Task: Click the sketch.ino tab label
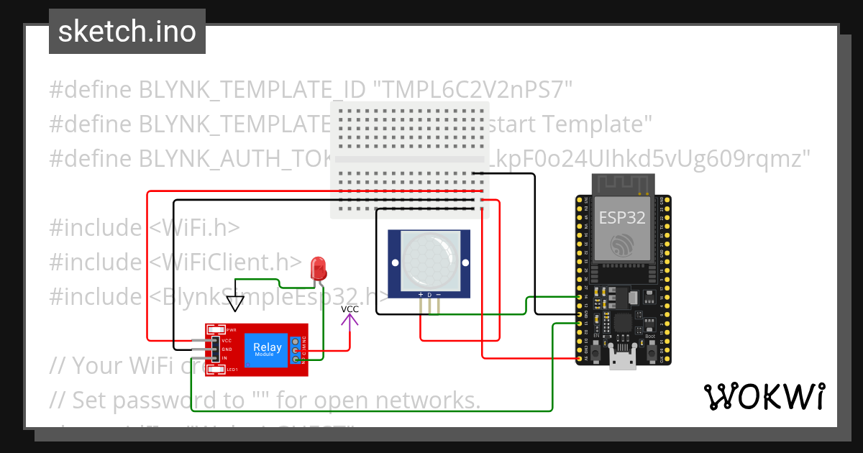click(127, 32)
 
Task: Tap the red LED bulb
click(317, 270)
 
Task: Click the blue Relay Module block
click(267, 349)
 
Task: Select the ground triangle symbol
click(235, 303)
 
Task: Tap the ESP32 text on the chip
click(622, 217)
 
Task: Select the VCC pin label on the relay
click(227, 340)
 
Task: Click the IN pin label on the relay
click(225, 357)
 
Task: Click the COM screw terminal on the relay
click(296, 351)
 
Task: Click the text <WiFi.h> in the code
click(194, 227)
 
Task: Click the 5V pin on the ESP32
click(580, 358)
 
